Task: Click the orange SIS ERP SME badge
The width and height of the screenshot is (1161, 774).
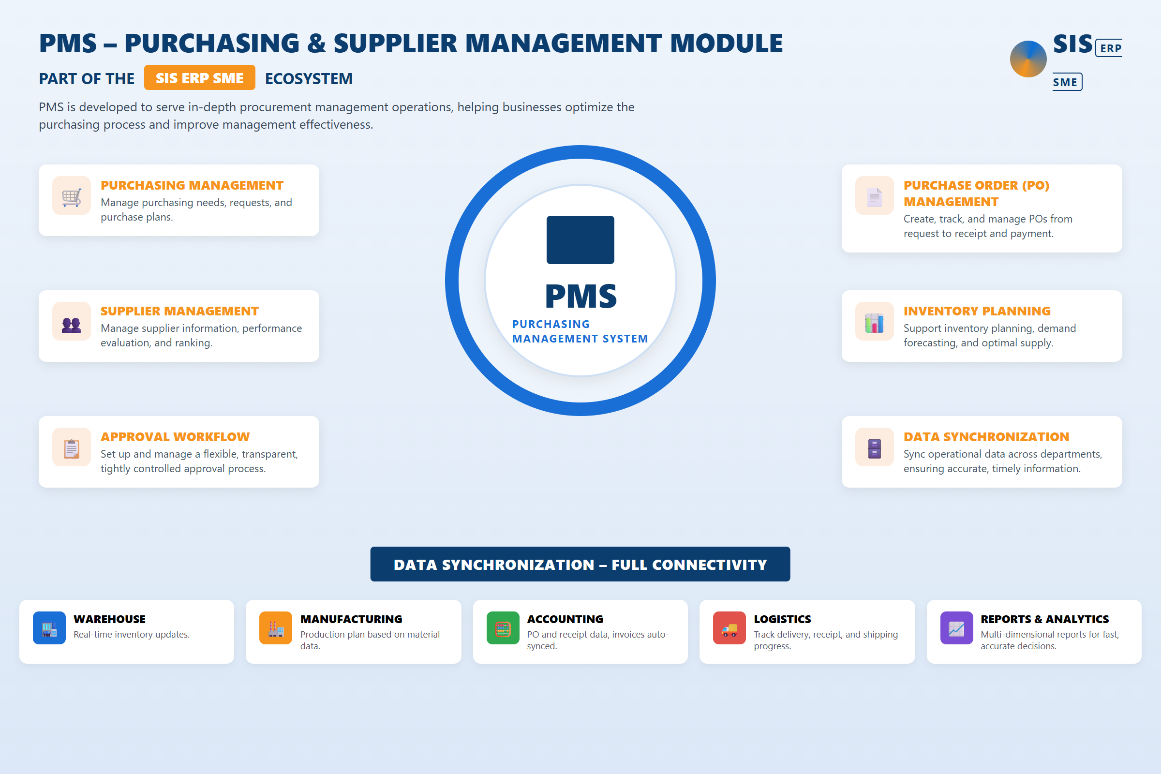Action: click(x=199, y=77)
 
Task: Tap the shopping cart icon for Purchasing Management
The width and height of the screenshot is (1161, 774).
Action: click(x=72, y=196)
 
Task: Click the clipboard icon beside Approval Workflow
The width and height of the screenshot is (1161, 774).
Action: click(x=72, y=449)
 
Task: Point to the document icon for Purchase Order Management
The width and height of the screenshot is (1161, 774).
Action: click(x=874, y=197)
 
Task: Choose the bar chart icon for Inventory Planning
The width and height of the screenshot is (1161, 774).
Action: click(x=874, y=323)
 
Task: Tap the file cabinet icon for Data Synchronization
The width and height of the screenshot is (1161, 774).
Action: click(x=874, y=449)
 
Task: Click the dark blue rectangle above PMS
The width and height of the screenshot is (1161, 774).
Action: click(x=580, y=240)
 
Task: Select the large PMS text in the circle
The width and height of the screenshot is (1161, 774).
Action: click(x=580, y=296)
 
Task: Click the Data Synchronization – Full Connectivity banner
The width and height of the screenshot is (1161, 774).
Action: click(x=580, y=564)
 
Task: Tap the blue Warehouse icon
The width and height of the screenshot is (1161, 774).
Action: click(x=49, y=628)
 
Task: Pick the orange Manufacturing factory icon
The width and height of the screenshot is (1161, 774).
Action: click(x=275, y=628)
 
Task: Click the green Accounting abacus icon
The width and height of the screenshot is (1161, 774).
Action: click(x=503, y=628)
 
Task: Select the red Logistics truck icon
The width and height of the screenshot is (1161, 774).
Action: click(x=729, y=628)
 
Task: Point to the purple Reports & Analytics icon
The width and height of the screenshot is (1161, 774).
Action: click(x=956, y=628)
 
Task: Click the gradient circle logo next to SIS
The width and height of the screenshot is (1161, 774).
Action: click(x=1028, y=59)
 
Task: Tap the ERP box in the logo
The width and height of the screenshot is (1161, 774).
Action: click(x=1109, y=48)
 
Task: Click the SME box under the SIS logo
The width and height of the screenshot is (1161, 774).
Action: click(x=1067, y=82)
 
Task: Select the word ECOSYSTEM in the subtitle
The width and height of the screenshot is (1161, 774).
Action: click(x=309, y=78)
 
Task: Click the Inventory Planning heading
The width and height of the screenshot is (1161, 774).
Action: click(x=977, y=311)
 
